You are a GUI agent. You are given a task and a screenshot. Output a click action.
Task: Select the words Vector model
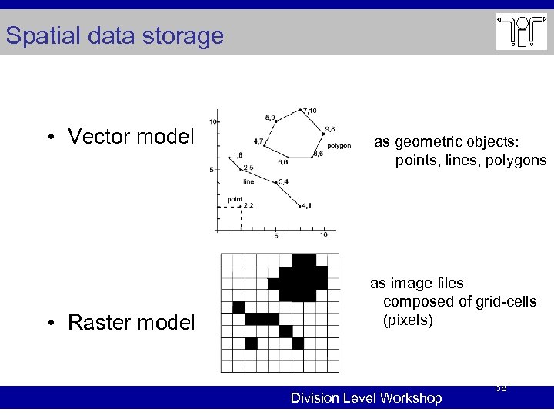[x=130, y=137]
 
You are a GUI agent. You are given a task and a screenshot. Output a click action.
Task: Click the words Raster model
[x=131, y=322]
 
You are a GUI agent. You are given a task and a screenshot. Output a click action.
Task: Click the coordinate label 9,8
[x=329, y=128]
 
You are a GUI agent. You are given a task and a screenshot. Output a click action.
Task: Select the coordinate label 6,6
[x=282, y=162]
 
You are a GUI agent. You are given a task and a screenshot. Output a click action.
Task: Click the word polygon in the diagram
[x=339, y=145]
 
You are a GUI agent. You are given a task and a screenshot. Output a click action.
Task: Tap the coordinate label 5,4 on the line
[x=283, y=181]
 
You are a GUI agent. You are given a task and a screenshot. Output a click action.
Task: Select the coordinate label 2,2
[x=248, y=206]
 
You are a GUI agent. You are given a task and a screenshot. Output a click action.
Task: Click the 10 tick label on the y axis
[x=212, y=122]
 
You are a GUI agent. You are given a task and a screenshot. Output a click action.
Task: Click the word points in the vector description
[x=418, y=161]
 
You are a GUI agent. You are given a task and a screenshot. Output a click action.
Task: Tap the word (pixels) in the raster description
[x=408, y=320]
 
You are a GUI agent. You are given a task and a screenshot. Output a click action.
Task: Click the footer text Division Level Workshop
[x=365, y=398]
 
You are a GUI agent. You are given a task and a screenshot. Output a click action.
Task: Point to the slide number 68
[x=500, y=389]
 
